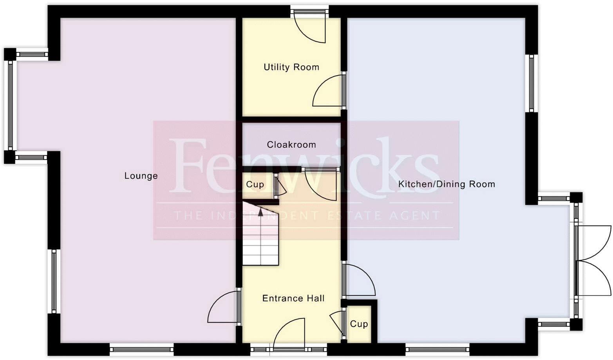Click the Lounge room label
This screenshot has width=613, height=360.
point(141,176)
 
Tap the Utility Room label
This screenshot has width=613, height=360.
point(291,67)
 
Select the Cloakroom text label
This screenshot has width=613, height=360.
point(291,145)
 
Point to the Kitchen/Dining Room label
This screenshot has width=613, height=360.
point(447,184)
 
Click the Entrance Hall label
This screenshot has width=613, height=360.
point(293,298)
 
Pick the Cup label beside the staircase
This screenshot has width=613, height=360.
point(255,185)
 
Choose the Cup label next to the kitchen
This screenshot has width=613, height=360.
point(359,324)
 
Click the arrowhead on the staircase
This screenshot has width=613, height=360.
point(260,213)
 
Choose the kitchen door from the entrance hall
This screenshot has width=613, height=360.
point(360,280)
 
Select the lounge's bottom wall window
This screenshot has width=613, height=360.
point(141,349)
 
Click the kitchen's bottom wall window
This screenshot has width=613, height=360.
point(437,349)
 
